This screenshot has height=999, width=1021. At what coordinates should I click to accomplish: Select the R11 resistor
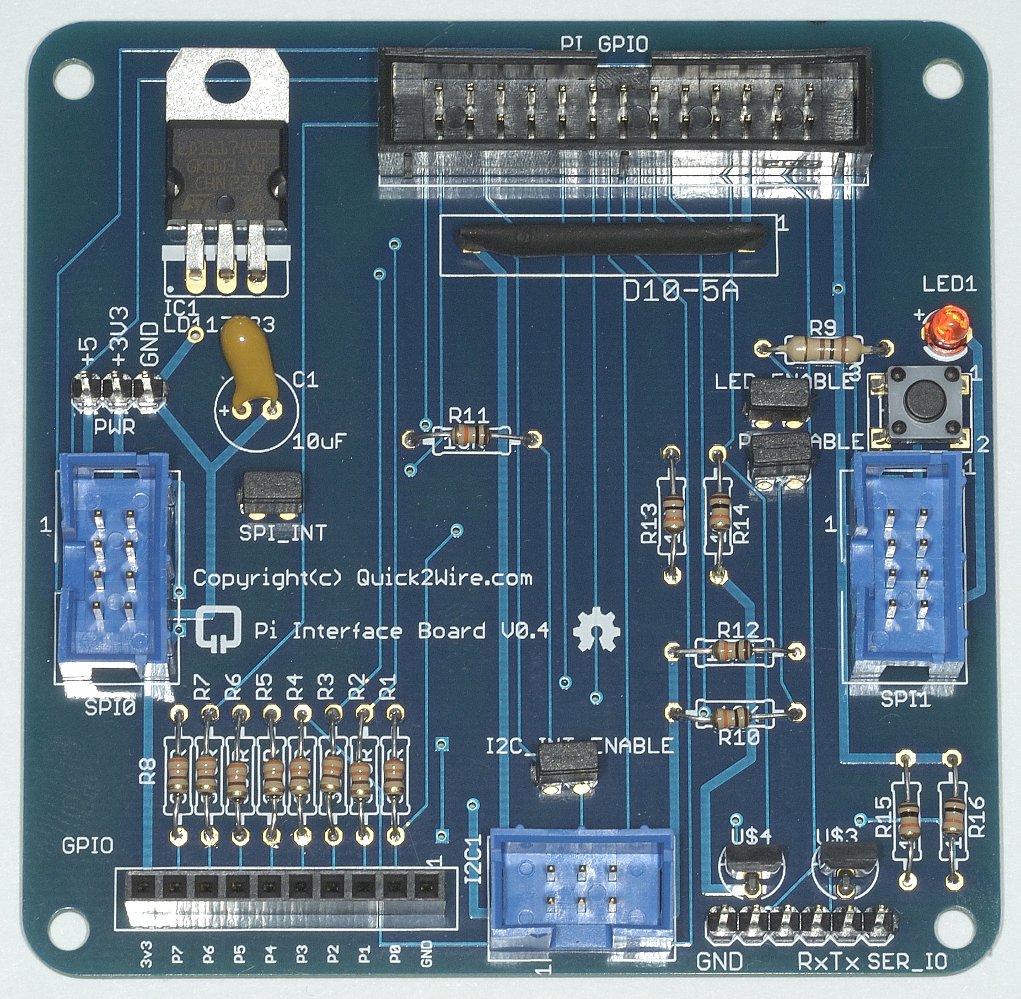[x=472, y=437]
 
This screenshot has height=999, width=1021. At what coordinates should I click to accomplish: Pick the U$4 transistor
[x=750, y=863]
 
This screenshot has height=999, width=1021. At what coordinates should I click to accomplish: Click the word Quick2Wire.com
[x=444, y=578]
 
